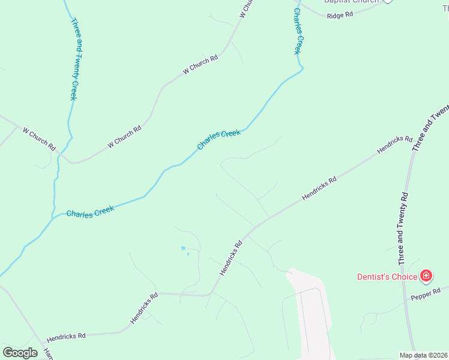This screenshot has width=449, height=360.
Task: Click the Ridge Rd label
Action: pos(340,15)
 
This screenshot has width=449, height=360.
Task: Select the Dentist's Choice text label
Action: pos(387,277)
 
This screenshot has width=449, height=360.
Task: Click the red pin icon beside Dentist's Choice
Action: pos(426,276)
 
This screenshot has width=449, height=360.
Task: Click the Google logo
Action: pos(20,353)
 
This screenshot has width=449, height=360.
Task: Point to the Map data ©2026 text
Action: pos(423,355)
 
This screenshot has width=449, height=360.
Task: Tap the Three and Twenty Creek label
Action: pos(74,59)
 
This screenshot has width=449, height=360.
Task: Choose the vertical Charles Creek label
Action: pos(297,31)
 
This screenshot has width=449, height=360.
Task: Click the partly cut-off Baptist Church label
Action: pos(352,2)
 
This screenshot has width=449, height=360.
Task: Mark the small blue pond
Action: pos(183,248)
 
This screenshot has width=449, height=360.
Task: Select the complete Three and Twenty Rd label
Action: pos(403,229)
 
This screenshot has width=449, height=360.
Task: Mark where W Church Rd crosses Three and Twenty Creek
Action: pos(59,155)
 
